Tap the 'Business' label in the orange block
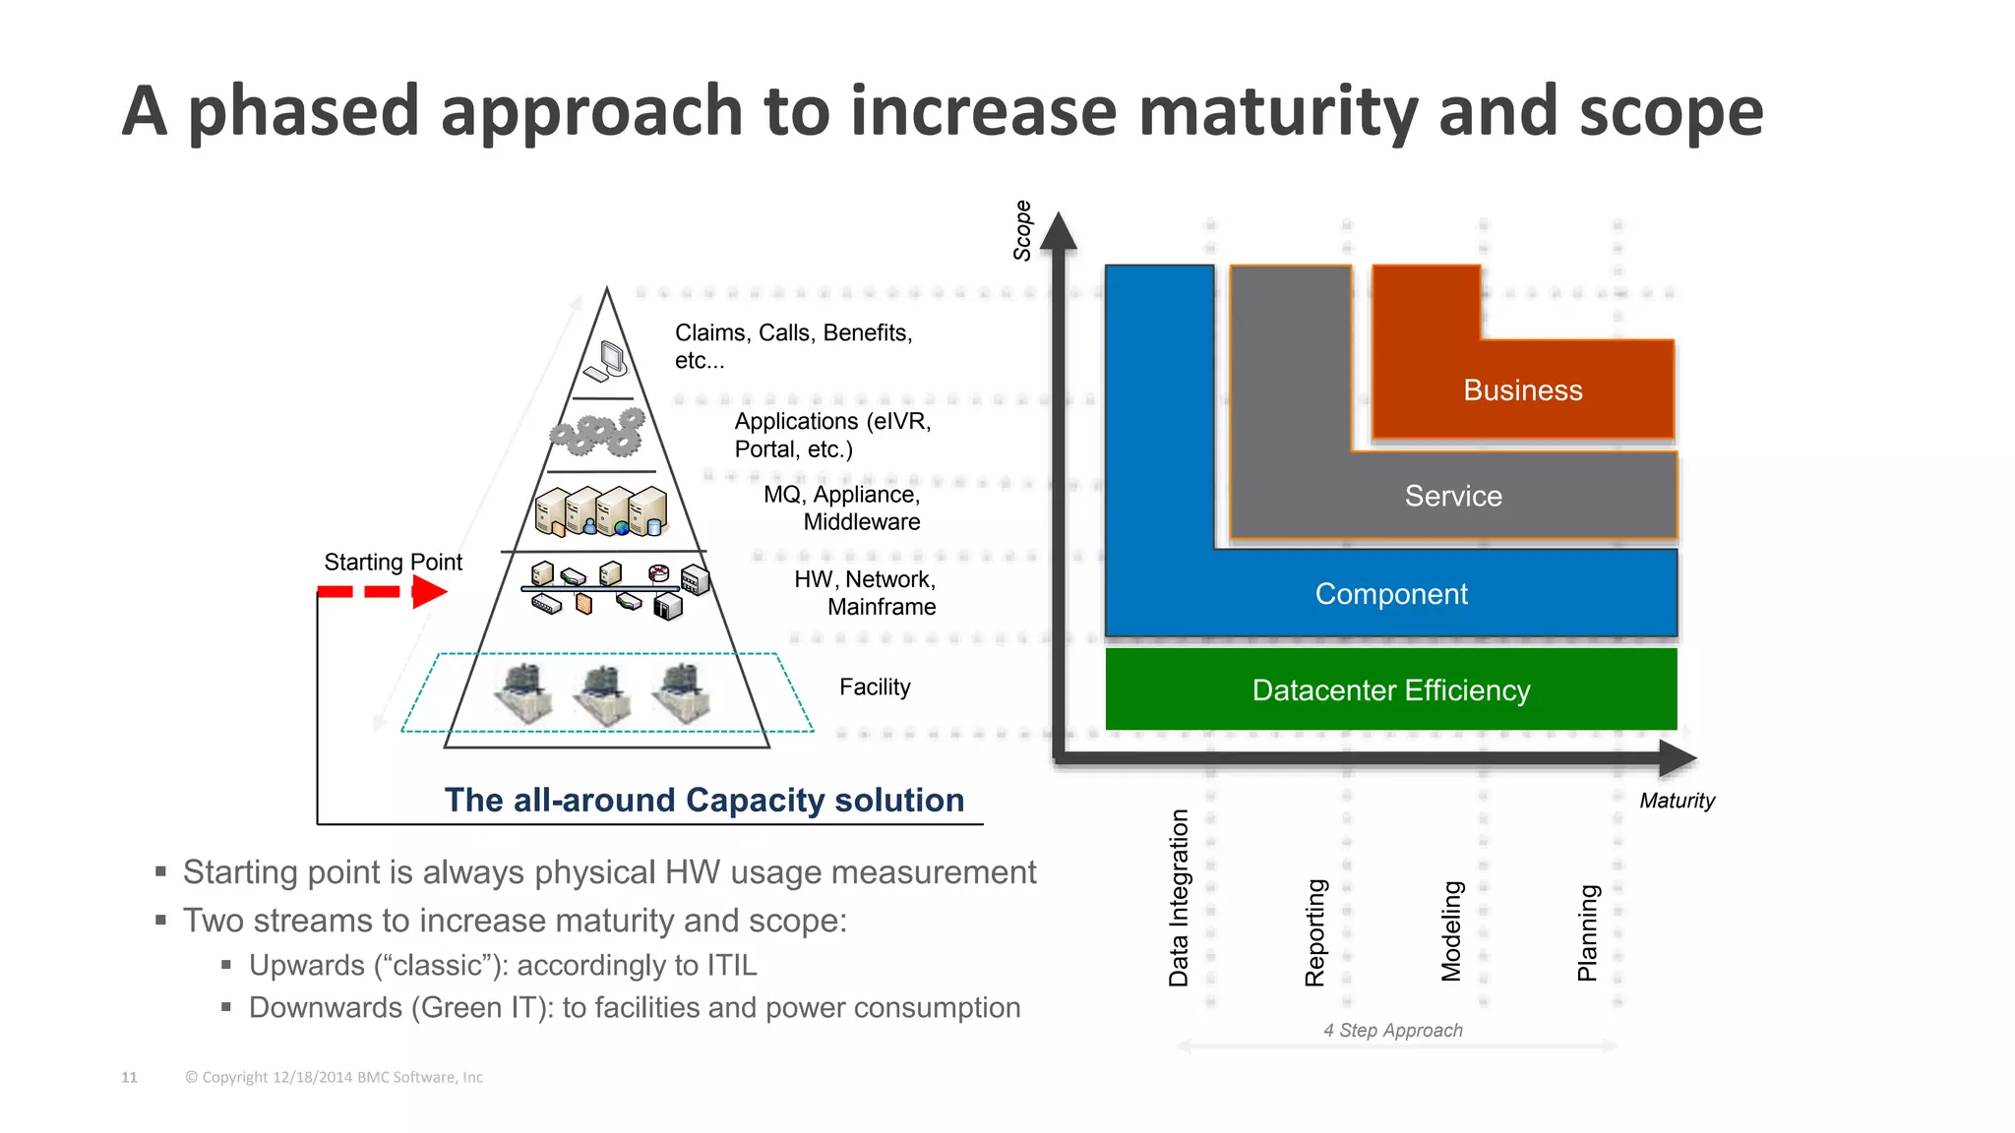pyautogui.click(x=1522, y=390)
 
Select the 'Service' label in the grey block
pyautogui.click(x=1453, y=496)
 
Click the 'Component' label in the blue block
pyautogui.click(x=1390, y=594)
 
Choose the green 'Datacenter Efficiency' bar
pyautogui.click(x=1390, y=689)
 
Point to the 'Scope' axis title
pyautogui.click(x=1022, y=230)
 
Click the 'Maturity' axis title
pyautogui.click(x=1677, y=801)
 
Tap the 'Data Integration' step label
pyautogui.click(x=1178, y=897)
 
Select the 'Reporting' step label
pyautogui.click(x=1314, y=932)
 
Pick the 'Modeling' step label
pyautogui.click(x=1451, y=931)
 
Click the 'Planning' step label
pyautogui.click(x=1587, y=932)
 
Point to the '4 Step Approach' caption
pyautogui.click(x=1392, y=1030)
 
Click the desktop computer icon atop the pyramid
pyautogui.click(x=607, y=361)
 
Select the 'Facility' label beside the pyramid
pyautogui.click(x=875, y=686)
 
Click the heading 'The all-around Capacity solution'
pyautogui.click(x=703, y=800)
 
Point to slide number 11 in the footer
pyautogui.click(x=129, y=1077)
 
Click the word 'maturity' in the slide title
pyautogui.click(x=1278, y=110)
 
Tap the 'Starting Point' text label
pyautogui.click(x=393, y=562)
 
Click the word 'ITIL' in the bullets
pyautogui.click(x=731, y=965)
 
